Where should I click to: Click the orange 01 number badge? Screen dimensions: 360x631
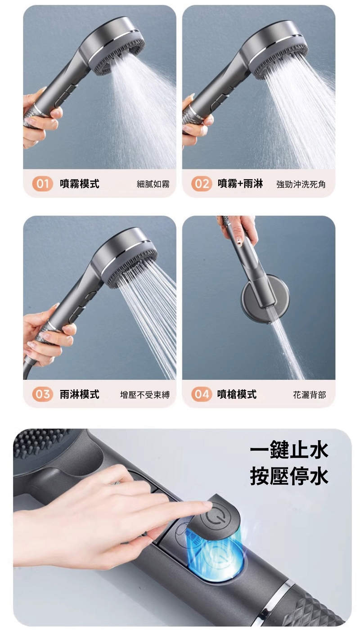(x=43, y=184)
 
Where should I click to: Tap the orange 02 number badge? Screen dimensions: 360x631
(x=202, y=184)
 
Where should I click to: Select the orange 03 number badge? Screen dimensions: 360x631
(x=43, y=394)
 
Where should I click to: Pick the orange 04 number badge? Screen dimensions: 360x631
(x=202, y=394)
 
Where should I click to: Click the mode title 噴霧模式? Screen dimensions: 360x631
(x=80, y=184)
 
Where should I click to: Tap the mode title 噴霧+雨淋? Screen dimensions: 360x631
(x=240, y=184)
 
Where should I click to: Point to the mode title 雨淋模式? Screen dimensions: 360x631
(x=80, y=394)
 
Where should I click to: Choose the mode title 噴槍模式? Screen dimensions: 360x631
(x=237, y=394)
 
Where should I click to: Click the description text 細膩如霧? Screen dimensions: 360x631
(x=153, y=184)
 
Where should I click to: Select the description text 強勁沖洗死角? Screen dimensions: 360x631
(x=301, y=184)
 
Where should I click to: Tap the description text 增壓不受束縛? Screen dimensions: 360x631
(x=145, y=395)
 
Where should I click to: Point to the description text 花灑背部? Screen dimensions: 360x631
(x=309, y=395)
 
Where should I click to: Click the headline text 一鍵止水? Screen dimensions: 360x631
(x=289, y=450)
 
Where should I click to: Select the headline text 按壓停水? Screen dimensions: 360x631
(x=289, y=476)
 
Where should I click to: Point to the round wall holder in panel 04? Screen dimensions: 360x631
(x=265, y=299)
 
